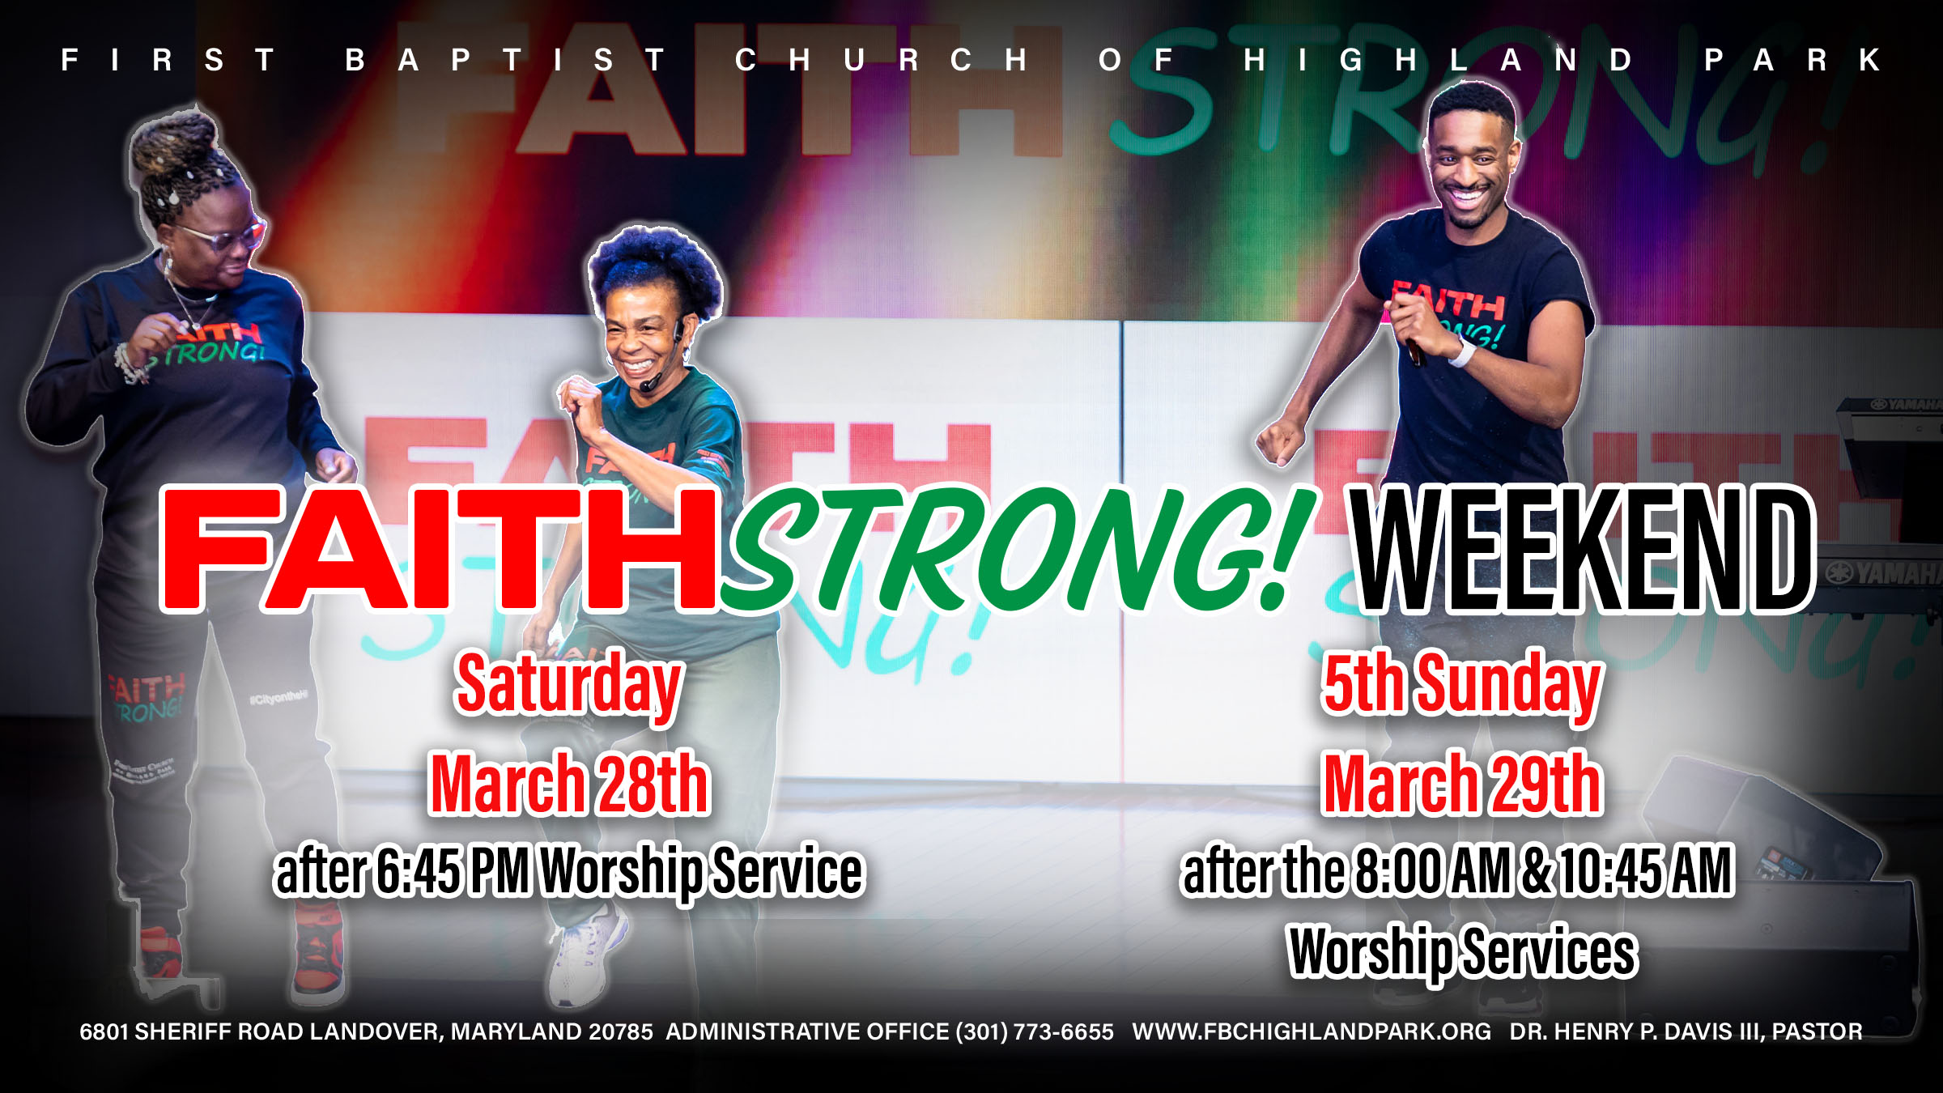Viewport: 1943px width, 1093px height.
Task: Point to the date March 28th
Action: click(570, 783)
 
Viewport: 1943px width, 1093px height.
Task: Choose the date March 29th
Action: click(1462, 783)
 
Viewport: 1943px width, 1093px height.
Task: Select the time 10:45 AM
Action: click(1647, 871)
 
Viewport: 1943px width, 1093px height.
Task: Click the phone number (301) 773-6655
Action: click(1035, 1031)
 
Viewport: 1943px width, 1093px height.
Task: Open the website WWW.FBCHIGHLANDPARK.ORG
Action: click(1312, 1031)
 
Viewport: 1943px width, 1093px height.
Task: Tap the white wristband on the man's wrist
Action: click(1461, 353)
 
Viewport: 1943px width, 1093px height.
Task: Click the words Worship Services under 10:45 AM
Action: click(1462, 952)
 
